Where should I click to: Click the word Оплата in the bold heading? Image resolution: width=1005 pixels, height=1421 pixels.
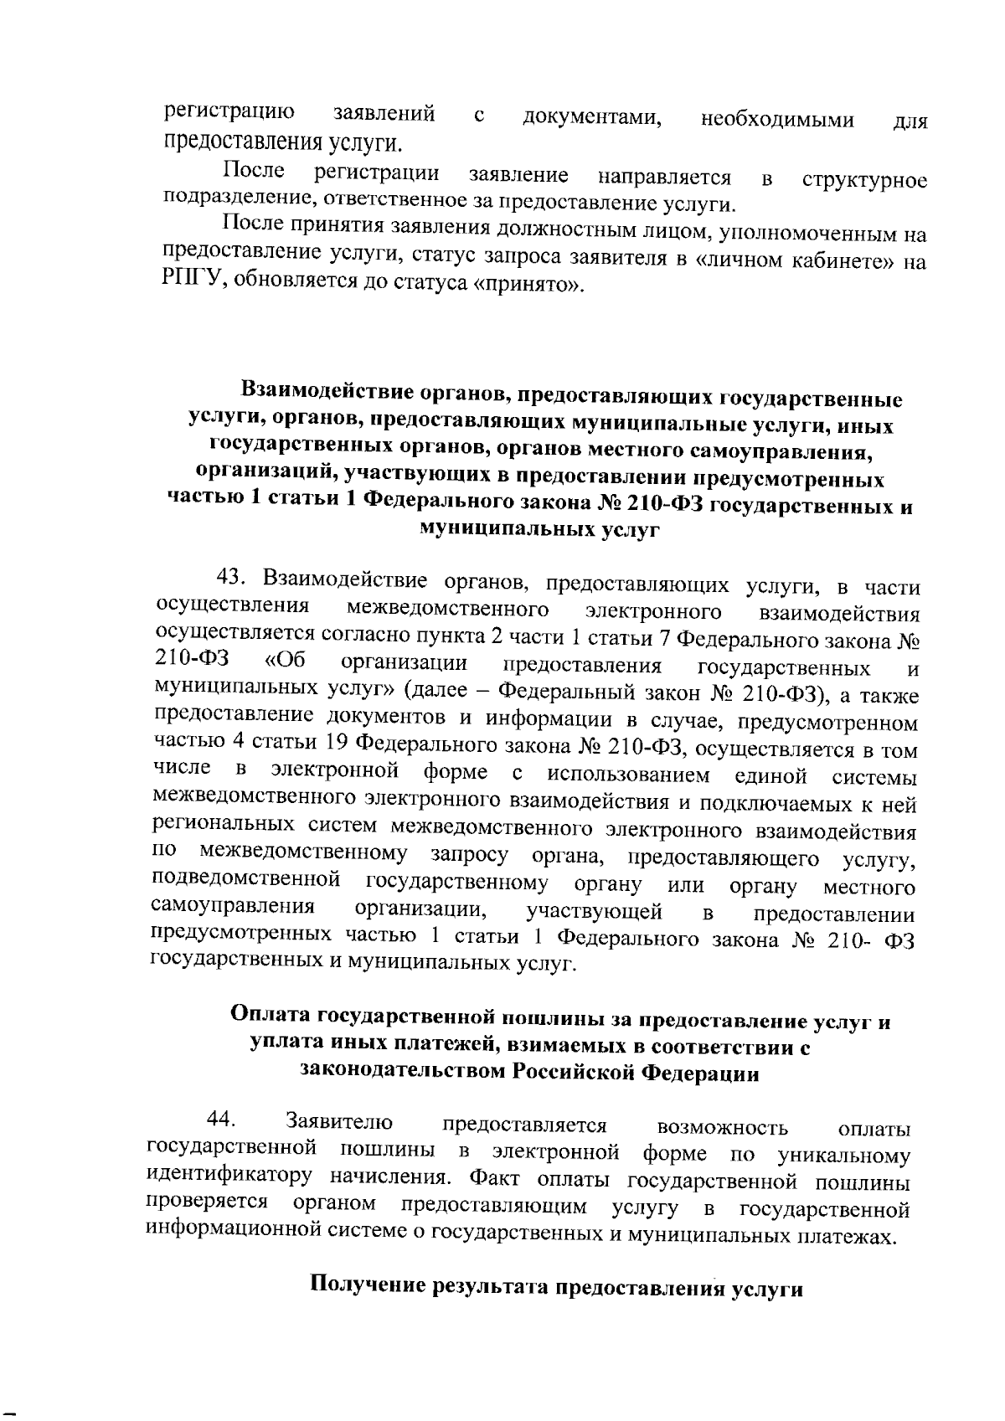(271, 1014)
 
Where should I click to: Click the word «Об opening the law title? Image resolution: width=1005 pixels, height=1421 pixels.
(285, 661)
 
